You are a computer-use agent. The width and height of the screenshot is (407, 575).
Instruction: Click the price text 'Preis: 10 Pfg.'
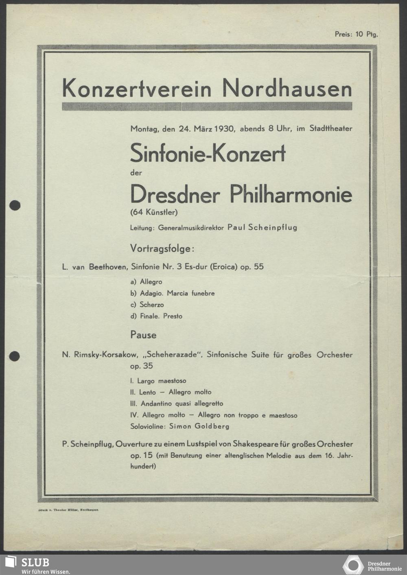356,34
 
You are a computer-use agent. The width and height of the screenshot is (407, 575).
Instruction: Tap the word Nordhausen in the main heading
287,88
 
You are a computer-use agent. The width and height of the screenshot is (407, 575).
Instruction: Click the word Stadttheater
331,128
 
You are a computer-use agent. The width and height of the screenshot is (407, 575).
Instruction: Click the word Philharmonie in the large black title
291,194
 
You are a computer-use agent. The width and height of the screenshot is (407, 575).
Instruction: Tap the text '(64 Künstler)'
154,212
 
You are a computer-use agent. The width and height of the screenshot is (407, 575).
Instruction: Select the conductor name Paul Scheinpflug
262,227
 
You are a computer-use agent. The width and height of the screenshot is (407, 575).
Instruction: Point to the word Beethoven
109,267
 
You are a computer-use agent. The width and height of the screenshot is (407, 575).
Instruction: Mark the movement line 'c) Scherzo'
147,305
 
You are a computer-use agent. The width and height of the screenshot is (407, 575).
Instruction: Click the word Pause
143,335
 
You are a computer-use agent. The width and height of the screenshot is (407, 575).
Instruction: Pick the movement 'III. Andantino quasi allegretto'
177,404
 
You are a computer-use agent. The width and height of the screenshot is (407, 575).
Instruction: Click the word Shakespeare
256,444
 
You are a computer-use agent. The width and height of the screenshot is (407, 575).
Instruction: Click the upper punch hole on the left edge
15,205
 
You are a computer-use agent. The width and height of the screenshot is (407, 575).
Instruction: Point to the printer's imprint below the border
68,510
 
